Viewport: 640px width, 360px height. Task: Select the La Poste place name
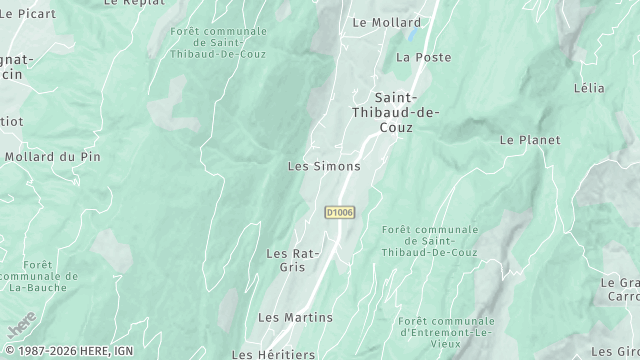(x=423, y=58)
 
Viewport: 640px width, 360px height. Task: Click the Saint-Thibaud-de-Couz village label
(x=406, y=112)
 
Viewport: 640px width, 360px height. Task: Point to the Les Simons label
(x=323, y=166)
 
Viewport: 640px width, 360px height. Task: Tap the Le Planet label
(x=530, y=140)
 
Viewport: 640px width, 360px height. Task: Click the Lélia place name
(x=589, y=88)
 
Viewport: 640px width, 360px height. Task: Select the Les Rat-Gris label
(x=292, y=260)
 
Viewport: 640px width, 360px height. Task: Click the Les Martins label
(x=295, y=317)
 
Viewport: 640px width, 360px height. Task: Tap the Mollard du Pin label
(x=53, y=157)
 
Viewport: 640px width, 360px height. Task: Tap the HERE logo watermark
(x=21, y=325)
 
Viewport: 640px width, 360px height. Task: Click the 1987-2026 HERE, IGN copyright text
(x=67, y=352)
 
